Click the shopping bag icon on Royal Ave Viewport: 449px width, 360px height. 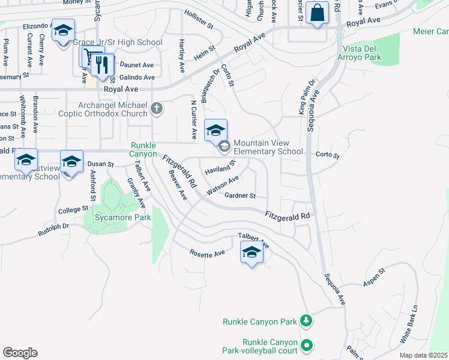316,12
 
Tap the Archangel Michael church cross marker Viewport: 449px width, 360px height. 157,109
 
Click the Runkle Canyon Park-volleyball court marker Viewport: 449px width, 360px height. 307,345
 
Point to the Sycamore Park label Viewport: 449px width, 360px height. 117,217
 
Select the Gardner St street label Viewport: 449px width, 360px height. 240,196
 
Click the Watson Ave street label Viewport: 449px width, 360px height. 223,185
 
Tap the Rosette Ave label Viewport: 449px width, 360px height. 207,254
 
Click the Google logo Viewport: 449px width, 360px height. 20,353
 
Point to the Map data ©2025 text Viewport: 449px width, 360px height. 423,355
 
